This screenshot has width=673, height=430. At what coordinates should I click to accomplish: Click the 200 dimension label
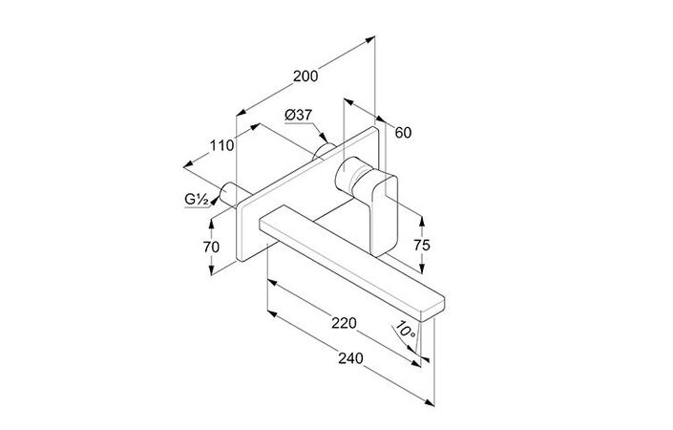(x=305, y=76)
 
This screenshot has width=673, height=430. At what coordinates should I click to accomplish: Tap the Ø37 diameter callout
(x=299, y=115)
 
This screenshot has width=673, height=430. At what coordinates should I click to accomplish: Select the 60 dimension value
(x=403, y=133)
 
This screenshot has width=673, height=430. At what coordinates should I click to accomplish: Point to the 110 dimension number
(x=221, y=145)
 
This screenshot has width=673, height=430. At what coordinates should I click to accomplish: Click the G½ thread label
(x=197, y=200)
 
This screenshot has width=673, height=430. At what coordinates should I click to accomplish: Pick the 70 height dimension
(x=211, y=247)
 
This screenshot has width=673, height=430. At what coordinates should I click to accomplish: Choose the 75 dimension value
(x=422, y=246)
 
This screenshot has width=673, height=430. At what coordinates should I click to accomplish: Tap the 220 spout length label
(x=344, y=323)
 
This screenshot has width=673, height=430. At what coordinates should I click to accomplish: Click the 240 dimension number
(x=350, y=358)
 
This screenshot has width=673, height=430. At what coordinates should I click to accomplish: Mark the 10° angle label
(x=405, y=330)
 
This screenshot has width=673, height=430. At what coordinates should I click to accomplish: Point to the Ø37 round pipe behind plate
(x=324, y=151)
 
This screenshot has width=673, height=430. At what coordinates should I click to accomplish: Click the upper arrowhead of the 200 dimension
(x=370, y=39)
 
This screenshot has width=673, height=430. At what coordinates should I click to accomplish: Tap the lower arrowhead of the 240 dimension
(x=429, y=402)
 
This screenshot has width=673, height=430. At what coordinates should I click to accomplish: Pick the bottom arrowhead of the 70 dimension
(x=211, y=269)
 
